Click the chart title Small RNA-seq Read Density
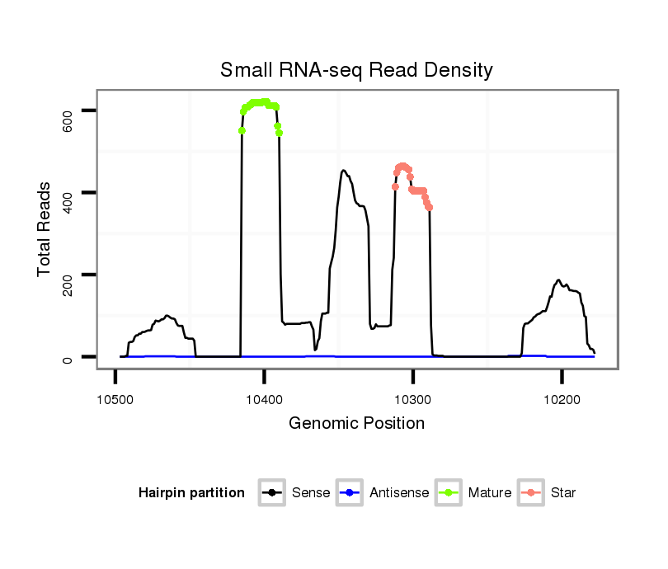pos(356,70)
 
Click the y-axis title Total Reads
pos(45,229)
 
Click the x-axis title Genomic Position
pos(356,424)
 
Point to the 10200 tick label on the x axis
pos(562,398)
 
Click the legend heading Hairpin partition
pos(191,493)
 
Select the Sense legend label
pos(310,493)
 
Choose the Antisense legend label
pos(399,493)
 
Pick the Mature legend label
pos(489,493)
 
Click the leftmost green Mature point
pos(242,130)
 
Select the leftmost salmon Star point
pos(395,186)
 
